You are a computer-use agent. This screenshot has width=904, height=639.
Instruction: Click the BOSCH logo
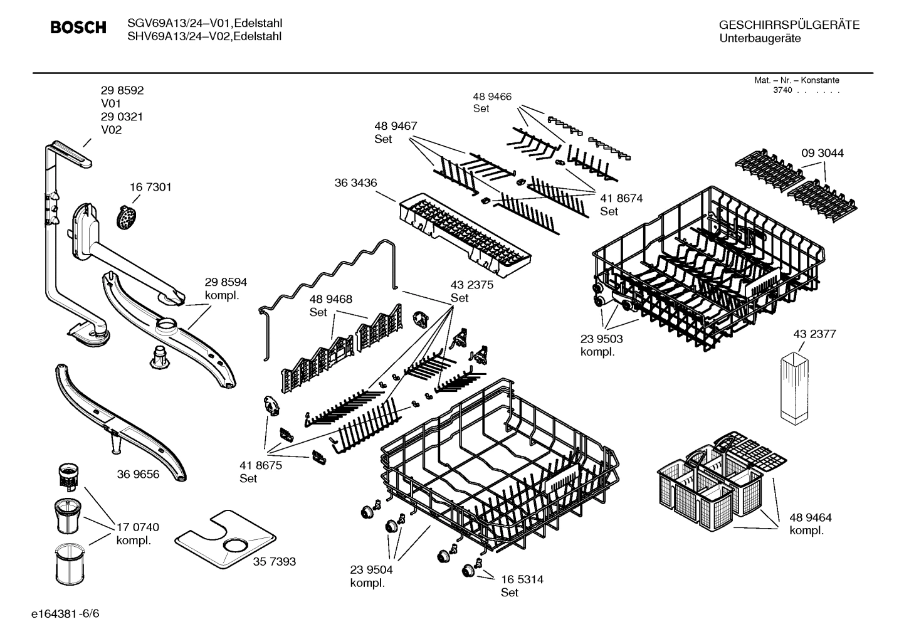coord(78,28)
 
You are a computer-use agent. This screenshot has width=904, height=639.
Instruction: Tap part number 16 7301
coord(150,187)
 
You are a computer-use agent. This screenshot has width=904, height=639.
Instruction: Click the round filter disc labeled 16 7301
coord(127,216)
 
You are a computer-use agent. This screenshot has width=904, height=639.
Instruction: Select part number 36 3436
coord(355,182)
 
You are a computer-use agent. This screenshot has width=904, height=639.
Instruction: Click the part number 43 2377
coord(814,334)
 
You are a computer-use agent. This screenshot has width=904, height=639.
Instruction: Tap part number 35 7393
coord(274,561)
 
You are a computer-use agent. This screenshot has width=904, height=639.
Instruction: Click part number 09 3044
coord(823,153)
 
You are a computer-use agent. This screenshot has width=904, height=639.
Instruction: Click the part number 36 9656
coord(138,474)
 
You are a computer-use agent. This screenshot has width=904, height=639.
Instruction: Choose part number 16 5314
coord(522,579)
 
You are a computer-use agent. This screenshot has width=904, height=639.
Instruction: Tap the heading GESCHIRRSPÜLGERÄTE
coord(789,25)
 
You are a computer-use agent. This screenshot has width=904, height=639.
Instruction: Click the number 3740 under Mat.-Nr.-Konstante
coord(782,90)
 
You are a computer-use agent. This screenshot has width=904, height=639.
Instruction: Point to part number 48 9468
coord(330,299)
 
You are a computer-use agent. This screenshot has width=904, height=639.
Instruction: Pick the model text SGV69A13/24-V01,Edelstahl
coord(204,23)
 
